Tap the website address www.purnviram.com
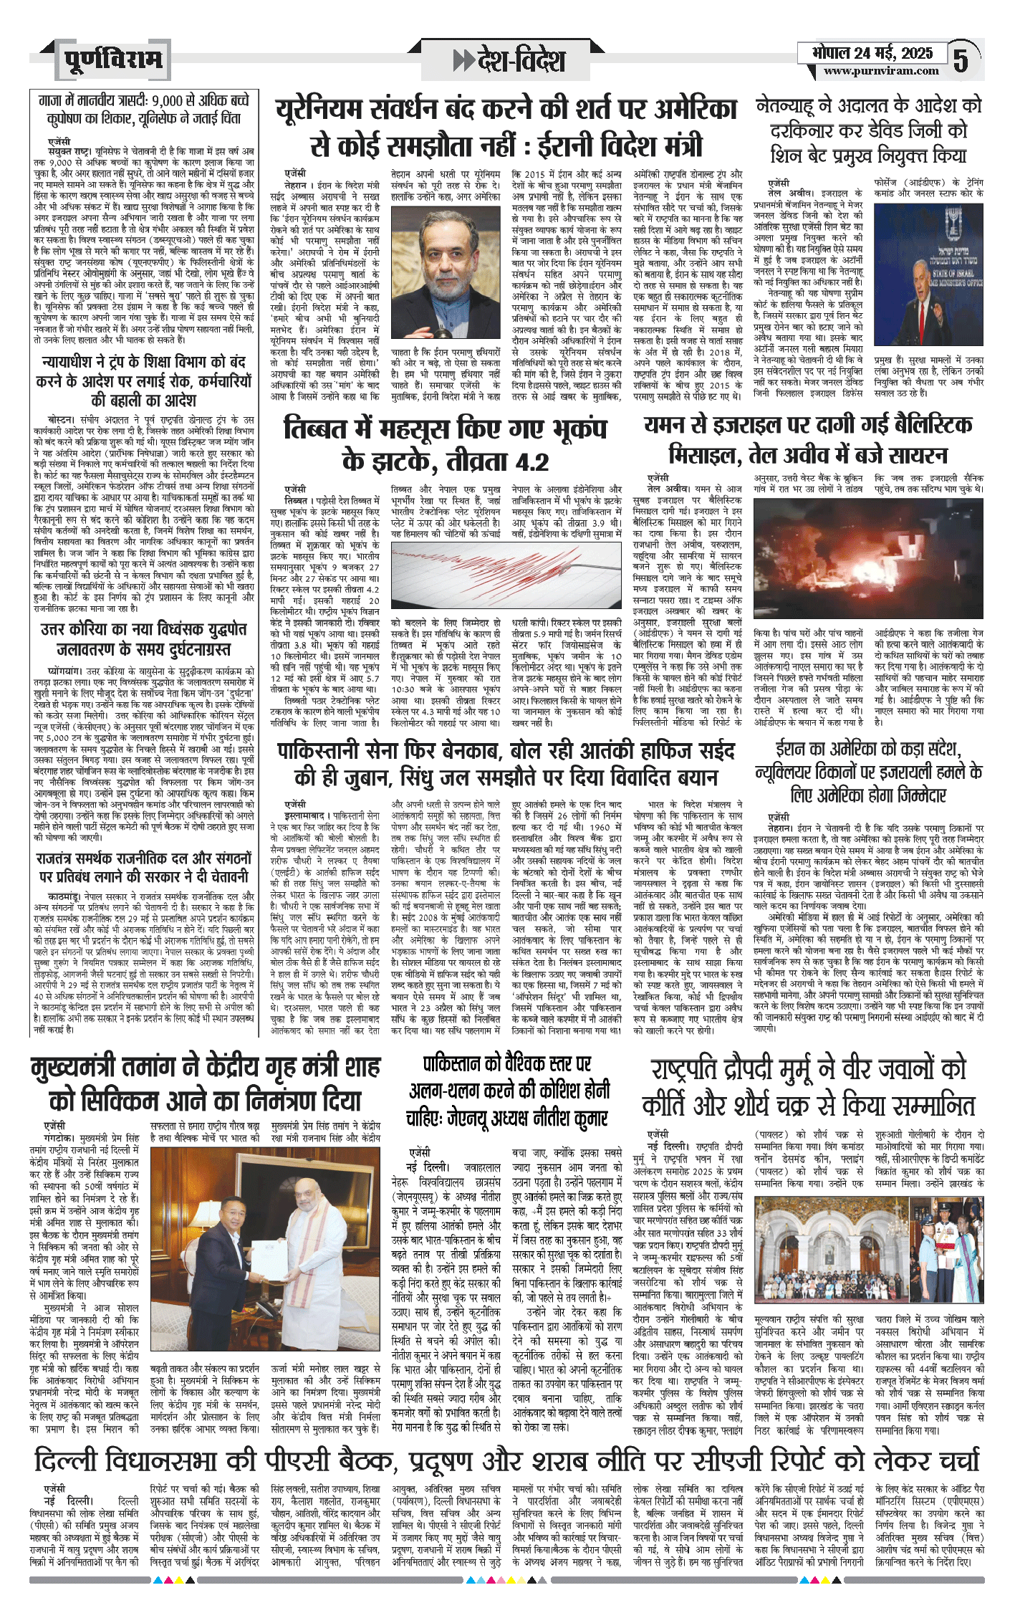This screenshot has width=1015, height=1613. (880, 71)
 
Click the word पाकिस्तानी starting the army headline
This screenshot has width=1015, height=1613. (335, 752)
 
